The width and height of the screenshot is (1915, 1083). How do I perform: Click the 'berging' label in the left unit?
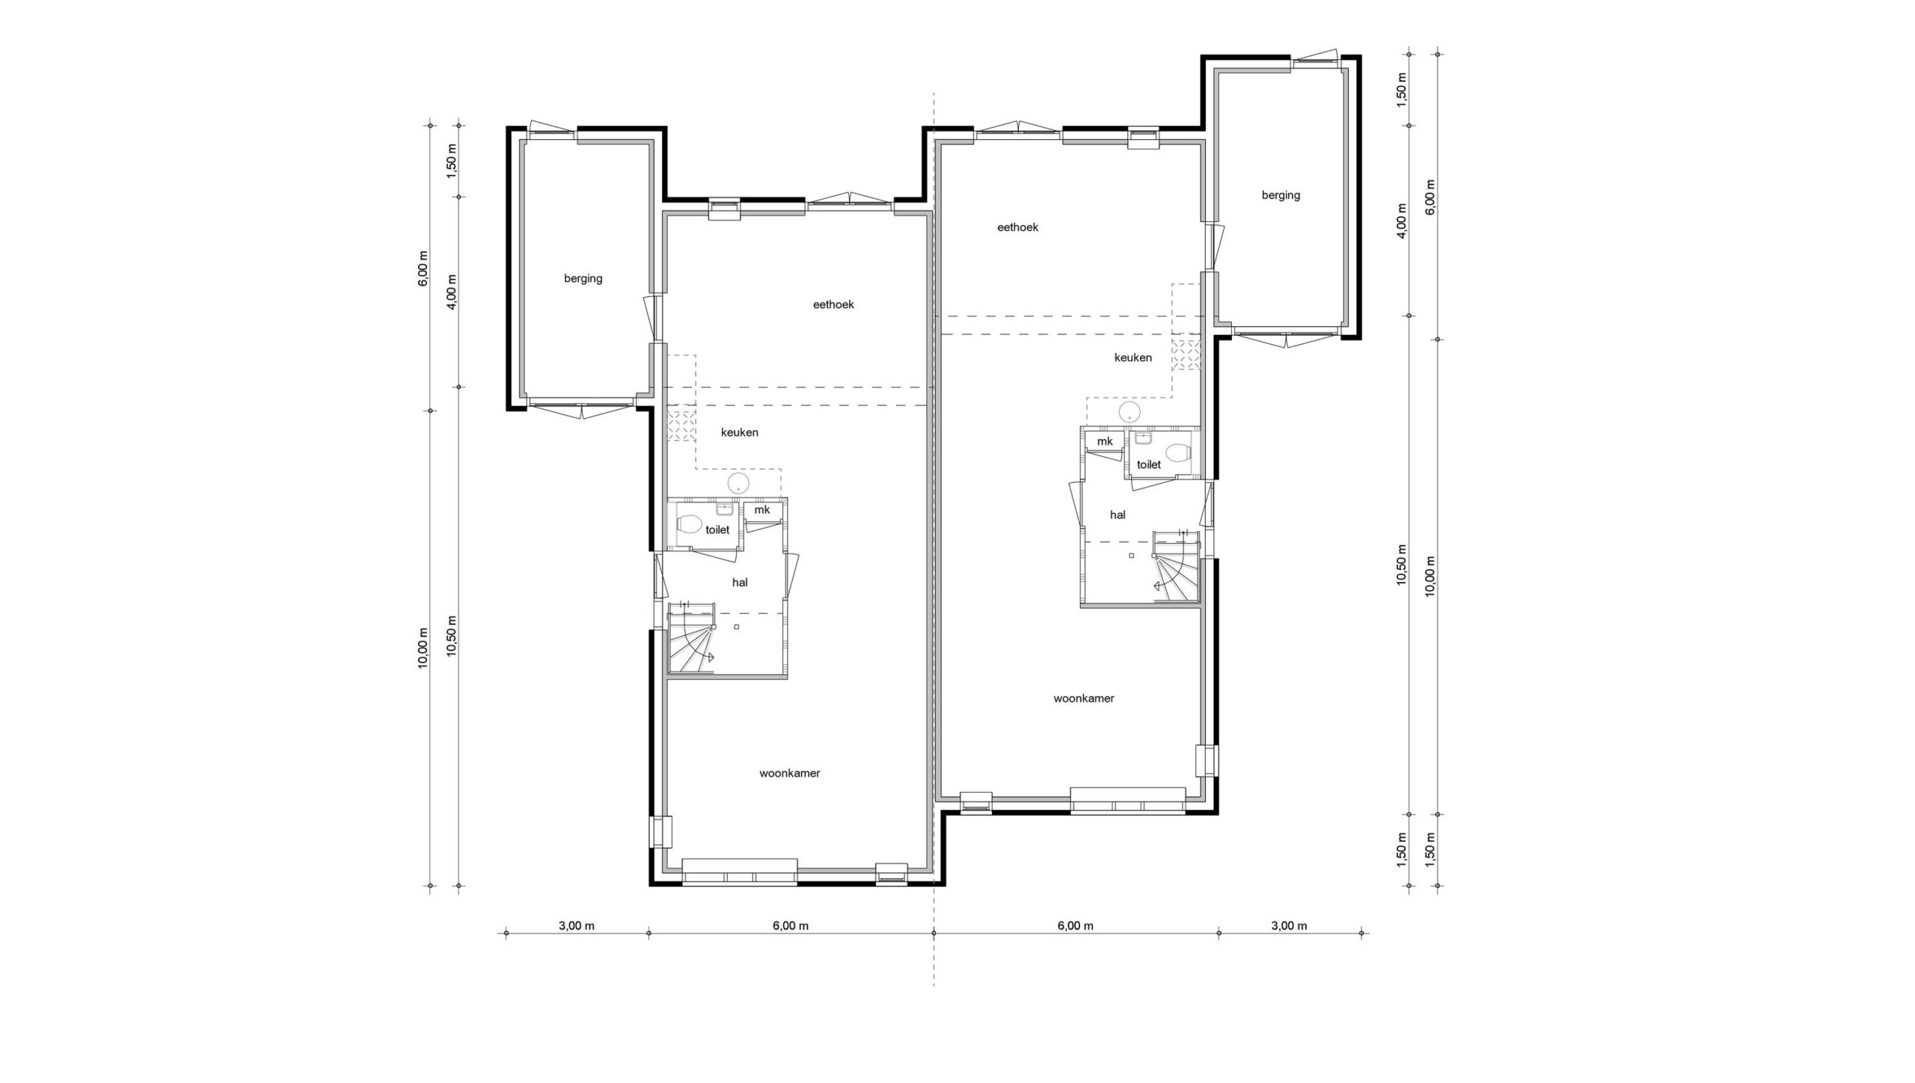tap(583, 279)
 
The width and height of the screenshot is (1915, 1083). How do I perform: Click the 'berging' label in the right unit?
tap(1281, 195)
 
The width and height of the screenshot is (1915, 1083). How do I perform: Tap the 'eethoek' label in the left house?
tap(833, 304)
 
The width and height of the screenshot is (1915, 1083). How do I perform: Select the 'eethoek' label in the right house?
tap(1017, 227)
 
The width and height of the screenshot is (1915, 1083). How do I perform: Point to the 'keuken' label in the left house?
tap(740, 432)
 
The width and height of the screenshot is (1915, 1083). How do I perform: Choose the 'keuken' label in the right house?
tap(1133, 358)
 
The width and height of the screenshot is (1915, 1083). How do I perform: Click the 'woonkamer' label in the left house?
tap(789, 773)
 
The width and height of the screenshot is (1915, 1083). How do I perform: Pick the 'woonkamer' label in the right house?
tap(1084, 699)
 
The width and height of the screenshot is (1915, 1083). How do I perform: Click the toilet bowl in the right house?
tap(1178, 452)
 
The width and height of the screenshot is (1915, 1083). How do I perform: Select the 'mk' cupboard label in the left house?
tap(762, 510)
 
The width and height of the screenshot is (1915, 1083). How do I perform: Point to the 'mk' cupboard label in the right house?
tap(1105, 441)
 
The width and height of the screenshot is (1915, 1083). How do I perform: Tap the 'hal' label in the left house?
tap(740, 583)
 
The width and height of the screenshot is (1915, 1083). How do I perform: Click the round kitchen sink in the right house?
tap(1130, 411)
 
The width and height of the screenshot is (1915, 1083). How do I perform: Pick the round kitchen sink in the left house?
tap(739, 484)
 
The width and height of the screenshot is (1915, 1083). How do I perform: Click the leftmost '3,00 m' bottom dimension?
tap(577, 926)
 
